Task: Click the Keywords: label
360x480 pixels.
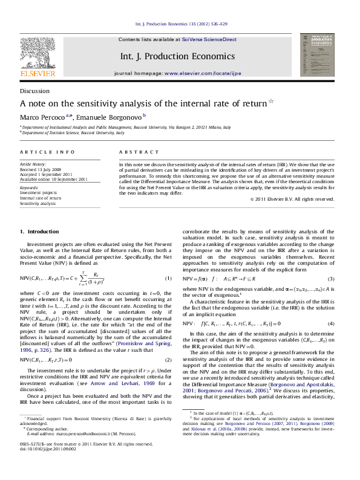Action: (30, 187)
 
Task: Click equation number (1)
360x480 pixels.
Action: (168, 278)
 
